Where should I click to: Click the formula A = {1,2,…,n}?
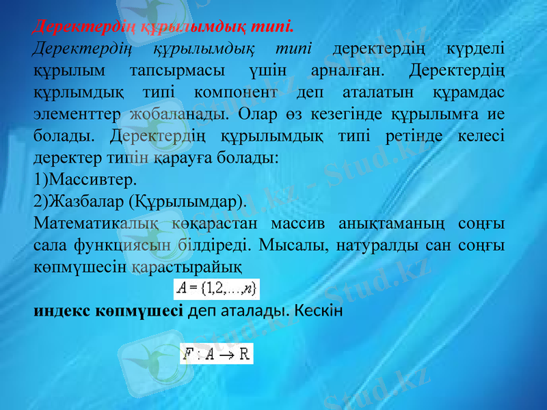pyautogui.click(x=216, y=286)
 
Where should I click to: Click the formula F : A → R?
pyautogui.click(x=216, y=353)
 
